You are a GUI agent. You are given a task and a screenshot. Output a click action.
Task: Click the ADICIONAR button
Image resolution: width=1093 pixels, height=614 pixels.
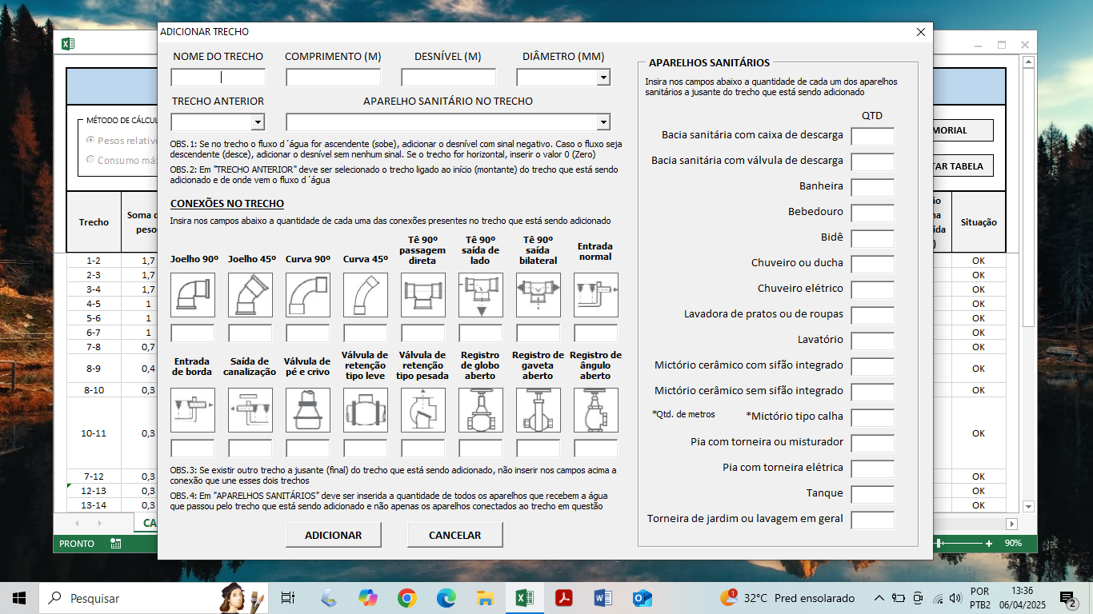pyautogui.click(x=333, y=535)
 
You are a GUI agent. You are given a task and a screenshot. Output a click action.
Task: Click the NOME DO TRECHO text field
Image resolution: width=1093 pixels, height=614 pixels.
pyautogui.click(x=218, y=78)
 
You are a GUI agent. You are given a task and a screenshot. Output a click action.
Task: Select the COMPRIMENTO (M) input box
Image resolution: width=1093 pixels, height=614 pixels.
pyautogui.click(x=333, y=78)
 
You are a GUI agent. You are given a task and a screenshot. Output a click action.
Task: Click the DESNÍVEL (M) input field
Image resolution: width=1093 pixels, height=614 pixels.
pyautogui.click(x=448, y=78)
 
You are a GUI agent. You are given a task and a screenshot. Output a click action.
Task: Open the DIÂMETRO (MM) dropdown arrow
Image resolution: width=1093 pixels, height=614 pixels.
pyautogui.click(x=603, y=78)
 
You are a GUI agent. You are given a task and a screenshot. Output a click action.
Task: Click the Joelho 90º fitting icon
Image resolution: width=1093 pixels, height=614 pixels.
pyautogui.click(x=193, y=295)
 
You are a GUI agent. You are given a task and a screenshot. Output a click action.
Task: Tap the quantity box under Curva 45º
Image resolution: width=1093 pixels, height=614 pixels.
pyautogui.click(x=366, y=333)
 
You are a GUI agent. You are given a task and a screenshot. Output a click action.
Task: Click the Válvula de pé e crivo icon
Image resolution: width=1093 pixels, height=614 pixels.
pyautogui.click(x=308, y=410)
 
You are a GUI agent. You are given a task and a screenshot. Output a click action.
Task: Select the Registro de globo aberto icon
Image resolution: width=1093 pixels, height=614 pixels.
pyautogui.click(x=481, y=410)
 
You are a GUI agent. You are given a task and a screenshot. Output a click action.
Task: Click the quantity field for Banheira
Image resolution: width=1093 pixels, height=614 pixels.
pyautogui.click(x=872, y=188)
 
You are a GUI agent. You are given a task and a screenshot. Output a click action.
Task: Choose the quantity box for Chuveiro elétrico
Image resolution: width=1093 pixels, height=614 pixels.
pyautogui.click(x=872, y=289)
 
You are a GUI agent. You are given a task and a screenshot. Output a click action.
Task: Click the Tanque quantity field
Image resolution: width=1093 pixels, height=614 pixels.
pyautogui.click(x=872, y=494)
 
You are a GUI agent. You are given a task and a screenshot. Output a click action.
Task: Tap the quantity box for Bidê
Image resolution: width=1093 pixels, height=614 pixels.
pyautogui.click(x=872, y=238)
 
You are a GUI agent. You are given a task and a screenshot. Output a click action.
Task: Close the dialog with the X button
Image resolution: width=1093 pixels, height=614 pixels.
pyautogui.click(x=920, y=32)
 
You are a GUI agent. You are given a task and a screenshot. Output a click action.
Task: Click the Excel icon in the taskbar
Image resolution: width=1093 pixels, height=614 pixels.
pyautogui.click(x=525, y=598)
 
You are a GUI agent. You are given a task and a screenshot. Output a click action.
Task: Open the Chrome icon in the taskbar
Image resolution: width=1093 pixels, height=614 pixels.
pyautogui.click(x=407, y=598)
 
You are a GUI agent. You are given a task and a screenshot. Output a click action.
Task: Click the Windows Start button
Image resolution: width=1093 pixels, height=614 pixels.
pyautogui.click(x=19, y=598)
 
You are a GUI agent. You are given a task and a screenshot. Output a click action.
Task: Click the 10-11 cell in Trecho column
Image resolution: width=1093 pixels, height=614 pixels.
pyautogui.click(x=94, y=433)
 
